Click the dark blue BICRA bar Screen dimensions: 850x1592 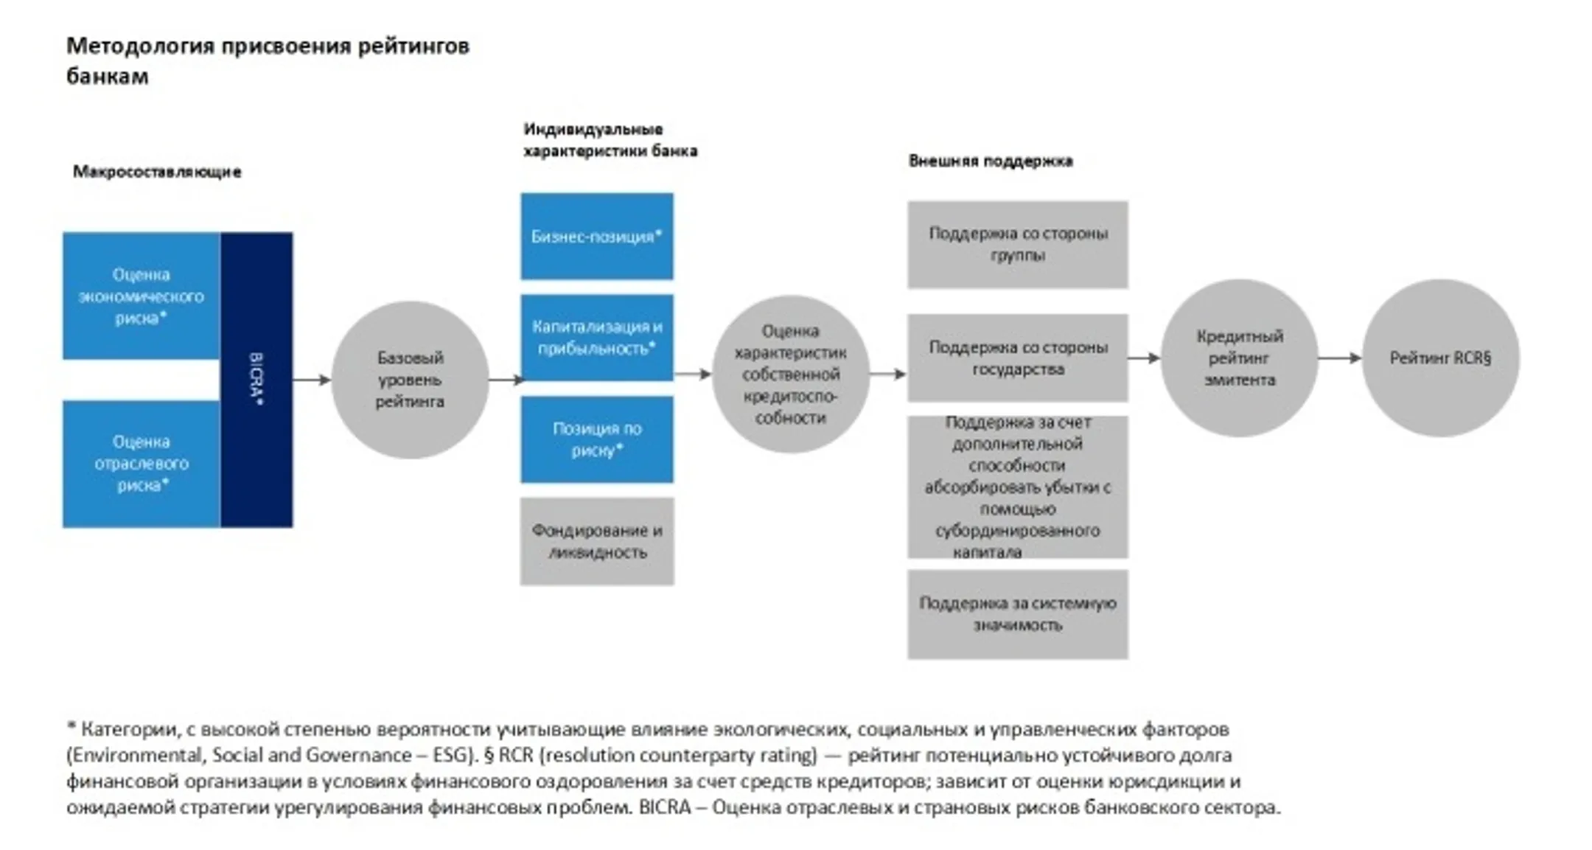point(256,380)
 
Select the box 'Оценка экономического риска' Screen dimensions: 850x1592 point(141,296)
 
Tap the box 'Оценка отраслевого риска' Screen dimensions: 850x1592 point(141,464)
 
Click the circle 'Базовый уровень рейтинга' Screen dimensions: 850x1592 point(410,380)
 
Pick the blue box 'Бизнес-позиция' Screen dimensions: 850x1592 point(596,237)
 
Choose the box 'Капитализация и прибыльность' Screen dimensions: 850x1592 point(596,338)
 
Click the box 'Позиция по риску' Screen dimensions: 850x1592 point(596,439)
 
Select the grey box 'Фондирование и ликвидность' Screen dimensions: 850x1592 point(596,541)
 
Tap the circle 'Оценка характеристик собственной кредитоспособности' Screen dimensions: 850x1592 point(790,375)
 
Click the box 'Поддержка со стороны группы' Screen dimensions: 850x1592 point(1017,245)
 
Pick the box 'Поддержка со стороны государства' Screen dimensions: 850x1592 point(1017,358)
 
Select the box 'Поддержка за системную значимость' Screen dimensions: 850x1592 point(1017,614)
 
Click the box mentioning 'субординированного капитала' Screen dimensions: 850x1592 point(1017,487)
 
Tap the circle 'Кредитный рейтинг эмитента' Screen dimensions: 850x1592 point(1239,358)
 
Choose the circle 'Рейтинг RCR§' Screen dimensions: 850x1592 point(1440,358)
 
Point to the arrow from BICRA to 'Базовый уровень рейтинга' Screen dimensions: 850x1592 point(312,380)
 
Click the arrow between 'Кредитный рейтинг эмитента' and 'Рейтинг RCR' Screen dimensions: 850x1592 point(1339,358)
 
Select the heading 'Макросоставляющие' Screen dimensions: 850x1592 point(157,172)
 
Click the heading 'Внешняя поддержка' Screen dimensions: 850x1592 point(990,161)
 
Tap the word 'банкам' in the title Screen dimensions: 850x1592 point(108,77)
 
